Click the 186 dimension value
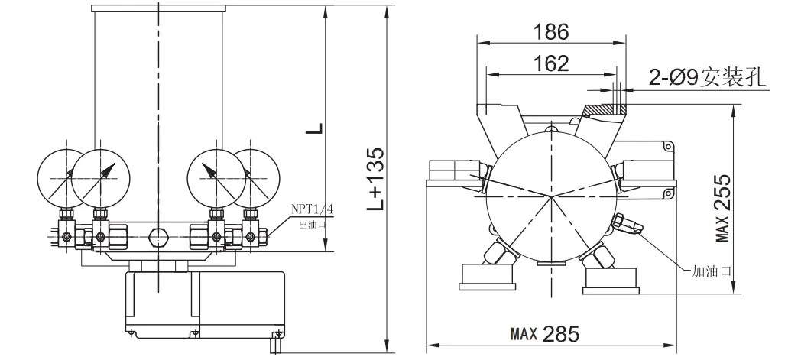[x=550, y=32]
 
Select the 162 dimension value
[x=550, y=64]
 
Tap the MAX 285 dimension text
[x=545, y=335]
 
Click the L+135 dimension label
[x=376, y=179]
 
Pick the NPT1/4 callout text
[x=312, y=209]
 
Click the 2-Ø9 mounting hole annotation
[x=709, y=78]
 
